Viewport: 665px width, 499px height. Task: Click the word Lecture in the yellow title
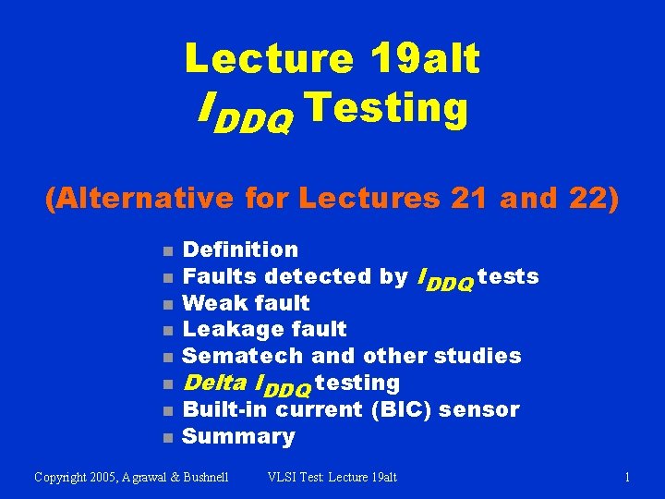tap(268, 59)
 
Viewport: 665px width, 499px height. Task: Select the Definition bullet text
tap(240, 249)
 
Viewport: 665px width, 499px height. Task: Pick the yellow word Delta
tap(214, 383)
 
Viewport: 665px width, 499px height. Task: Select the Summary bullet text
tap(238, 436)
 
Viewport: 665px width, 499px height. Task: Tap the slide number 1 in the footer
tap(627, 477)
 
